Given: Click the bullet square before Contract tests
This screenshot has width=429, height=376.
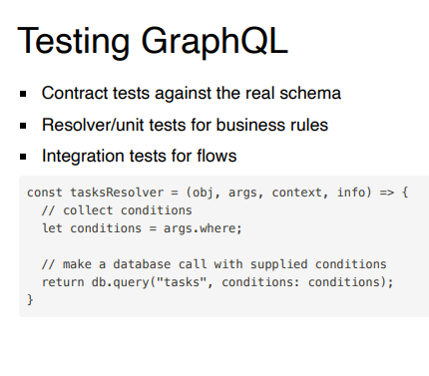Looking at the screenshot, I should pos(24,94).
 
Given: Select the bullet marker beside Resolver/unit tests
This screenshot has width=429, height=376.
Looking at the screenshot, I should pos(24,126).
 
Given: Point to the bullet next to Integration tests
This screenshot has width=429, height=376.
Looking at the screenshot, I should pos(24,157).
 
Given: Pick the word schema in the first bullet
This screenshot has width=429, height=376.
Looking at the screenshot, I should pos(312,93).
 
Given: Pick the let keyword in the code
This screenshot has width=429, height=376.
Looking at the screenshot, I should pos(52,227).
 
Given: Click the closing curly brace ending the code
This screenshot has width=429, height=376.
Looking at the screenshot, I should pos(30,300).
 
